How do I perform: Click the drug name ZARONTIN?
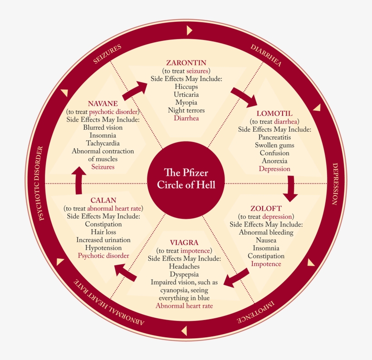click(186, 63)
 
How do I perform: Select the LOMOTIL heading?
click(274, 113)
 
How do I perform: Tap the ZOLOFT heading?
click(266, 208)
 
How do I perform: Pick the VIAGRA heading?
click(184, 242)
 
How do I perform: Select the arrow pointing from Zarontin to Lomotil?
click(244, 95)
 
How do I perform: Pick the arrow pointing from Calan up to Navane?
click(79, 179)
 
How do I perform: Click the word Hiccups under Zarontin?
click(186, 87)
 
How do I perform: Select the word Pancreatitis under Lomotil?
click(274, 137)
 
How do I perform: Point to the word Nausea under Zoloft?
click(266, 240)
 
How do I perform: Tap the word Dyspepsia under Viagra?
click(184, 274)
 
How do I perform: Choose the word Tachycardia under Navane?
click(103, 143)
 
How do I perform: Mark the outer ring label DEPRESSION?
click(336, 184)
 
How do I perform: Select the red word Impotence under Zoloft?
click(266, 264)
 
